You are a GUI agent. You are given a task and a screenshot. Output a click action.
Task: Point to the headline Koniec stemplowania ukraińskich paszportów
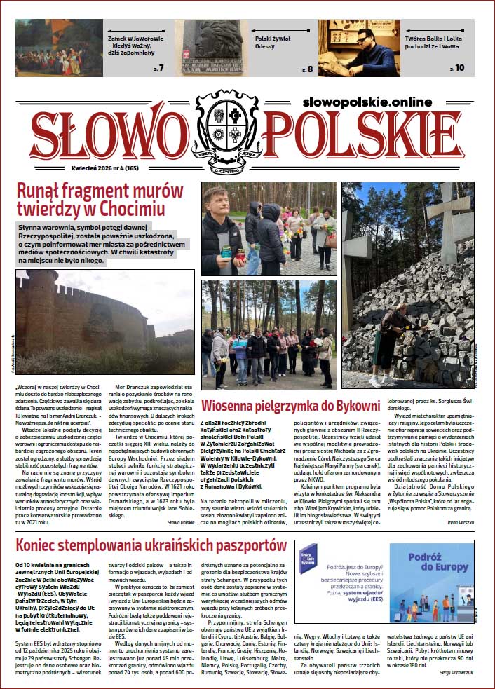(151, 545)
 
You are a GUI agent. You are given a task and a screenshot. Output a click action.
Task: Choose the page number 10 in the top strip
(459, 68)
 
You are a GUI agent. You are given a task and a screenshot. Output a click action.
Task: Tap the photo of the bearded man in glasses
(360, 47)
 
